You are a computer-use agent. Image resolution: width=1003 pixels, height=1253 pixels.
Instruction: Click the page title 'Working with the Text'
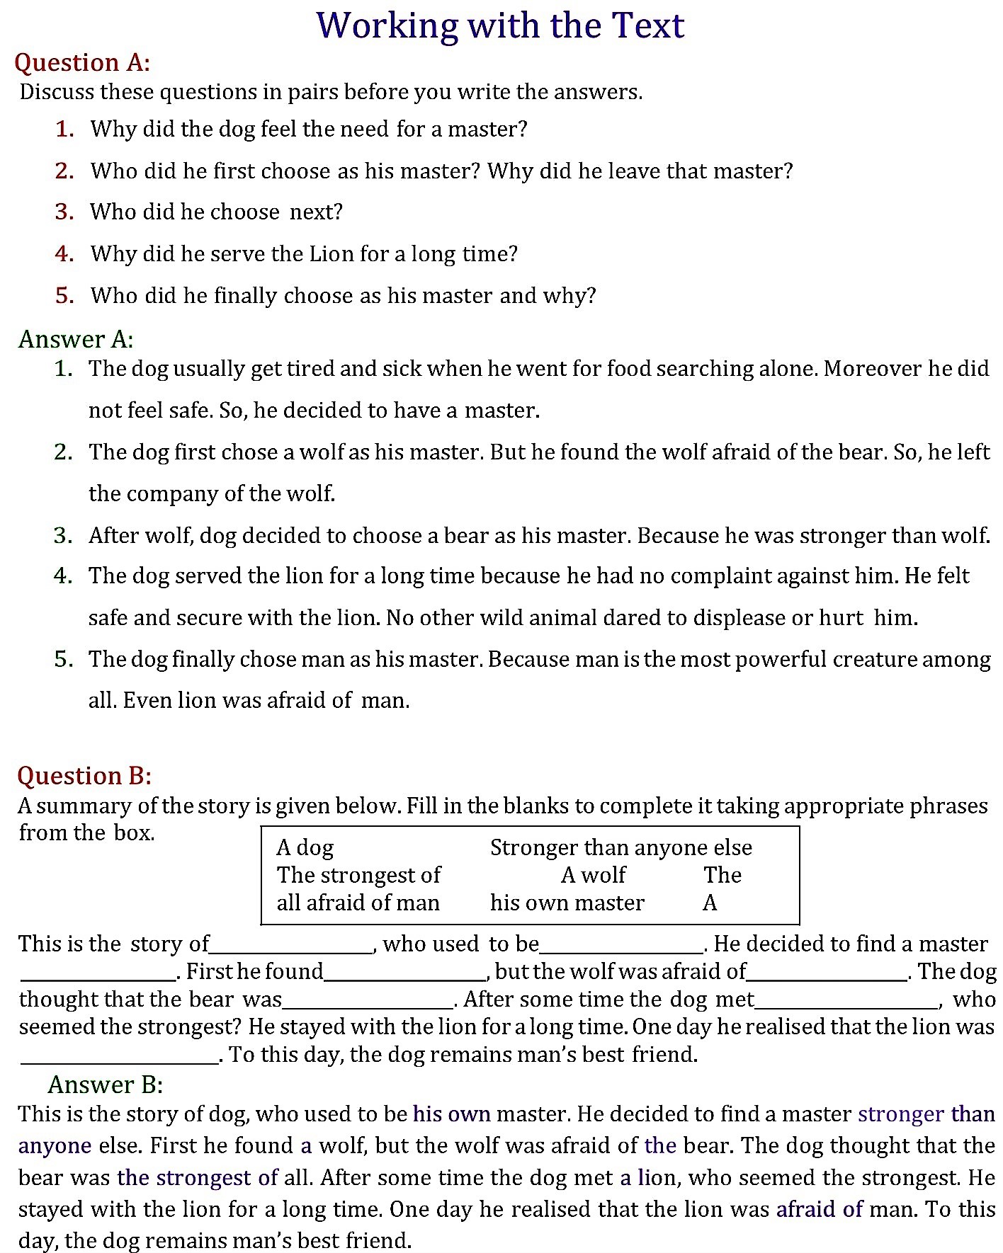tap(500, 25)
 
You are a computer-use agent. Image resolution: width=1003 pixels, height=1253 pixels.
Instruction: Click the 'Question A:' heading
tap(82, 62)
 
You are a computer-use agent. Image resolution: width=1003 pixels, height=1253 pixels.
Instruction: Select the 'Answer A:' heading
tap(76, 339)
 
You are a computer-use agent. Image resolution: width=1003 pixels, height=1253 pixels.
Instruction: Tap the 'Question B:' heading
tap(84, 776)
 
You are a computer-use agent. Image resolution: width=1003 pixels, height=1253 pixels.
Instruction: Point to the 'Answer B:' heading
tap(106, 1085)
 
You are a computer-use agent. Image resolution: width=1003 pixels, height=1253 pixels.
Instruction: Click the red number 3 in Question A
tap(64, 212)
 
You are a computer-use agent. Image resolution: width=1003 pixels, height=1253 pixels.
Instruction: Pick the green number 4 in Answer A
tap(64, 576)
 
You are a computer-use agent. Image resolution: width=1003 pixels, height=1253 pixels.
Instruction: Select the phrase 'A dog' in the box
tap(305, 847)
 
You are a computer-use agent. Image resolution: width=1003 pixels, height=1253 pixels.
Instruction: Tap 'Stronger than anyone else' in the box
tap(620, 847)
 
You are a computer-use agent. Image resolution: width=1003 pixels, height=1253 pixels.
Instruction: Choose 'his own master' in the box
tap(567, 903)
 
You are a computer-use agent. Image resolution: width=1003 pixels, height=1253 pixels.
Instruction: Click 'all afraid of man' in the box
tap(358, 903)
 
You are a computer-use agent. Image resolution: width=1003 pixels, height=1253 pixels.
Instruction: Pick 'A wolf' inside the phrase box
tap(593, 875)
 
